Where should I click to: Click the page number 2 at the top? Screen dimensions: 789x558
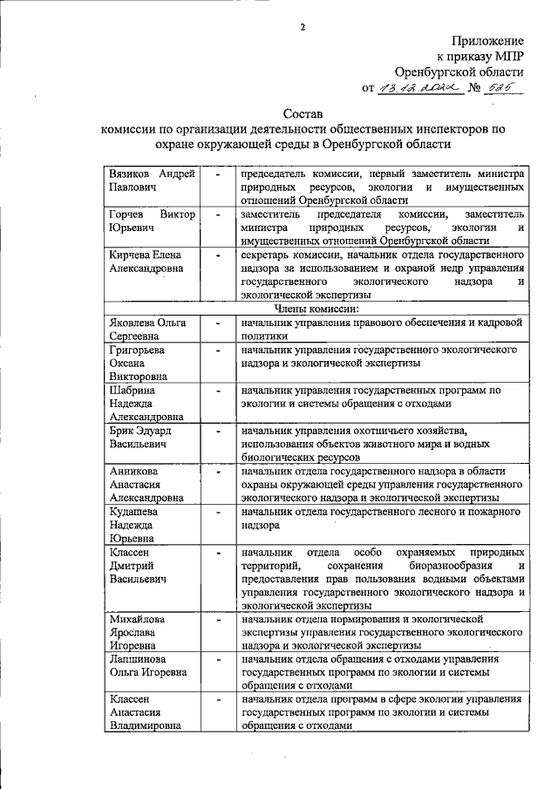tap(303, 25)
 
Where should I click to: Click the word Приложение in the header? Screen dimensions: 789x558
tap(487, 41)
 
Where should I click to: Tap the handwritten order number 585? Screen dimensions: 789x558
tap(499, 87)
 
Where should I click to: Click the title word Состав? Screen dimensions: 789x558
tap(303, 113)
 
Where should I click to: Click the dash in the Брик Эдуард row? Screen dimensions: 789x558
tap(218, 431)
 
